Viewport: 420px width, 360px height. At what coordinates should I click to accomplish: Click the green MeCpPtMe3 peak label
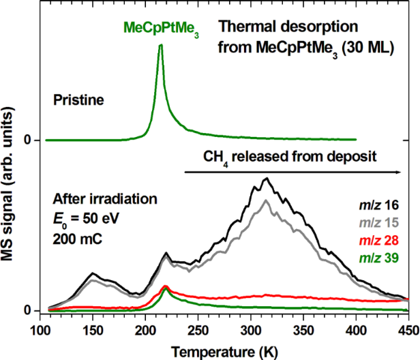[x=161, y=29]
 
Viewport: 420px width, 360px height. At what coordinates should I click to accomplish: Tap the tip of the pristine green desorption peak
[x=160, y=45]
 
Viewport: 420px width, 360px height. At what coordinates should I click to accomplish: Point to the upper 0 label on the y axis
[x=29, y=140]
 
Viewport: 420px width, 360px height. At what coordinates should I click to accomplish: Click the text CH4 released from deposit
[x=290, y=157]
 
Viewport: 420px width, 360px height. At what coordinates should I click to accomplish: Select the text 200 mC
[x=76, y=238]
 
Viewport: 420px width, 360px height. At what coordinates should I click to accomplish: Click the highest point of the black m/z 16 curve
[x=267, y=179]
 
